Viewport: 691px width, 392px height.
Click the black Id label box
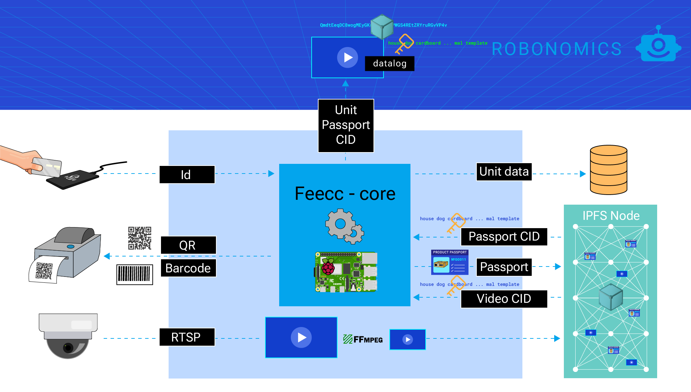pos(187,175)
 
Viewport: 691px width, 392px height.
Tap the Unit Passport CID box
pos(346,125)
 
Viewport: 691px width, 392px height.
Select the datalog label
pos(389,64)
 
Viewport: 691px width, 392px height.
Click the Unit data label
pos(504,172)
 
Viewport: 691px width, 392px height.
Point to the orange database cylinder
pos(608,170)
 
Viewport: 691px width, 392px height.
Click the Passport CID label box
pos(504,237)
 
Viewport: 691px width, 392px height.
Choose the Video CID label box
pos(504,299)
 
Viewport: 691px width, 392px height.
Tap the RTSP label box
pos(187,337)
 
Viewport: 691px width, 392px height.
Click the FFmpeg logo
pos(363,339)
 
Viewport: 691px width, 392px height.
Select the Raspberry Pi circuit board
pos(346,272)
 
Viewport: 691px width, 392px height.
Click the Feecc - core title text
pos(345,194)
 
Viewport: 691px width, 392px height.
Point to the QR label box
pos(188,245)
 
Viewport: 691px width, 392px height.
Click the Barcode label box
pos(188,268)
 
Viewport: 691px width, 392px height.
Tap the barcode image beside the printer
pos(135,275)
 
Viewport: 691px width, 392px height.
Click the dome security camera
pos(68,335)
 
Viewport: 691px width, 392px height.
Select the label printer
pos(66,254)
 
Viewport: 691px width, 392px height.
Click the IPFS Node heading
pos(611,216)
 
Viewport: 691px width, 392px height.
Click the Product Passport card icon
pos(449,262)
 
